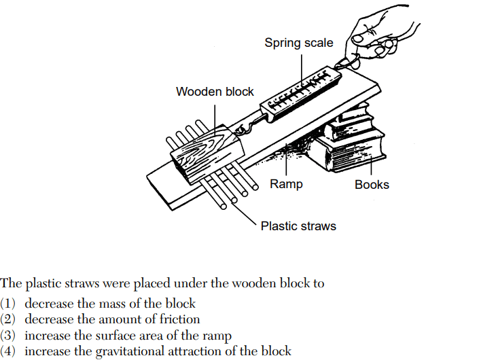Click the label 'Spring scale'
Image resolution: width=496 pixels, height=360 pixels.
(x=299, y=43)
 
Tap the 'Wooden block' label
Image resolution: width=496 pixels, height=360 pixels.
(x=215, y=91)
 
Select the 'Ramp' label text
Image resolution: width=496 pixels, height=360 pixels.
(x=286, y=184)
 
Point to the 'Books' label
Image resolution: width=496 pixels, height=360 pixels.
(x=372, y=184)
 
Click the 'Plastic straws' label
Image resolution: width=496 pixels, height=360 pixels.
(x=298, y=226)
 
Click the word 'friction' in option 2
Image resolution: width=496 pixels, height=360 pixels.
(x=178, y=319)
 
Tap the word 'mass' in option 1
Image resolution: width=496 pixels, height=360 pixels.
(x=107, y=303)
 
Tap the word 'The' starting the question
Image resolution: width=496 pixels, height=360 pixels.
(x=11, y=283)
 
